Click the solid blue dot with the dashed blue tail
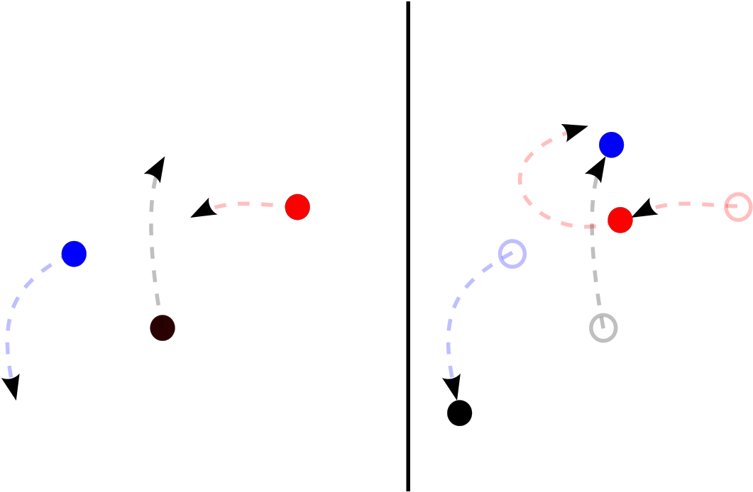tap(74, 254)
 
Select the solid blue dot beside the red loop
tap(611, 145)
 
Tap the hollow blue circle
tap(512, 254)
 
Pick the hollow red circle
tap(738, 207)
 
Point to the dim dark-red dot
tap(163, 328)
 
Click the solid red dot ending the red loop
tap(620, 220)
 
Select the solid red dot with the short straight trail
tap(297, 207)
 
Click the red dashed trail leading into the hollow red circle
tap(685, 204)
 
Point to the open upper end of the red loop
tap(565, 133)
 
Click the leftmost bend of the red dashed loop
tap(520, 179)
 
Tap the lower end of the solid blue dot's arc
tap(11, 376)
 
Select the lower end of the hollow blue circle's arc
tap(452, 376)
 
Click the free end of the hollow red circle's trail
tap(657, 208)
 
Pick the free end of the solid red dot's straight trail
tap(216, 208)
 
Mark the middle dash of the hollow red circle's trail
tap(685, 204)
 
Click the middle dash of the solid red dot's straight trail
tap(243, 204)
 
